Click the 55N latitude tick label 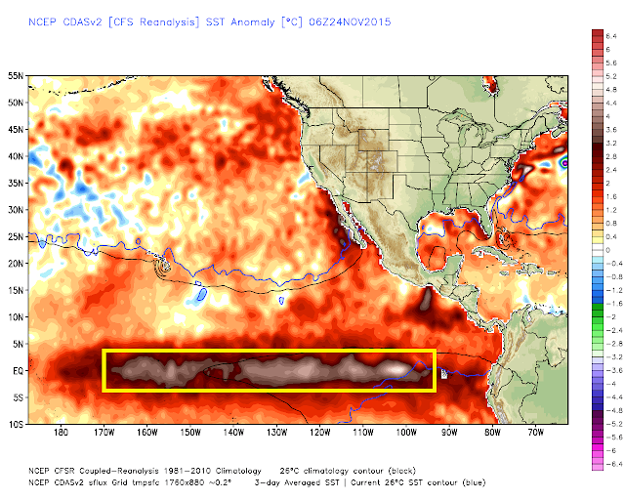coord(16,76)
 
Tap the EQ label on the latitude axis coord(19,371)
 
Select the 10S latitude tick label coord(16,424)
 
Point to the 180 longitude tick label coord(61,433)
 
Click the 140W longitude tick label coord(233,433)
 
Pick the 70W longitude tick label coord(536,433)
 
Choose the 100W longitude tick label coord(406,433)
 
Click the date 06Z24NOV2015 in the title coord(350,21)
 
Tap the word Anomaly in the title coord(253,22)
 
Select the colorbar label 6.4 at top coord(611,36)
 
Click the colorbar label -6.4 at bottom coord(609,464)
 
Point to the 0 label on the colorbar coord(607,250)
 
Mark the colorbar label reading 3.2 coord(611,144)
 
